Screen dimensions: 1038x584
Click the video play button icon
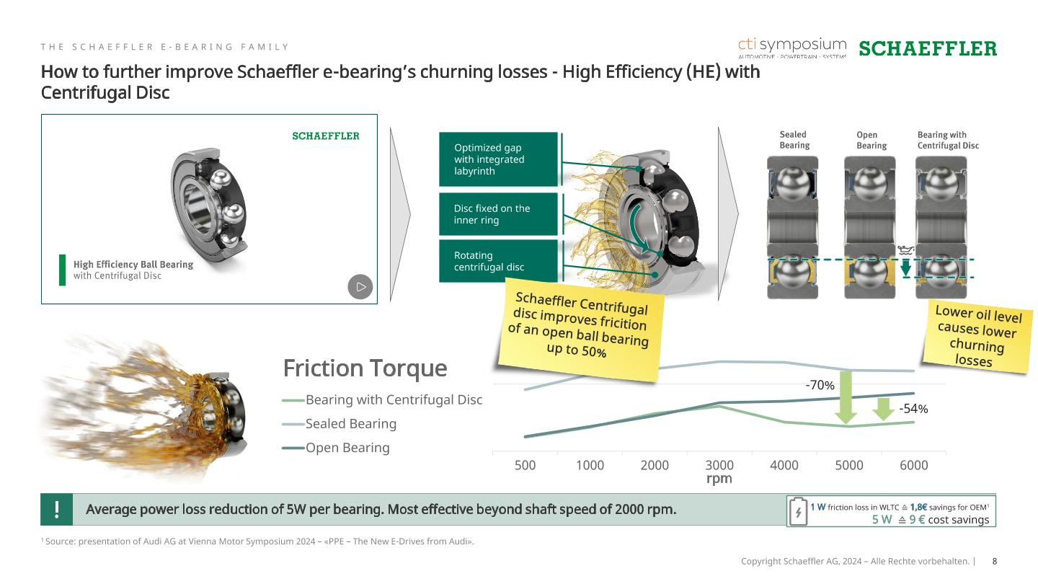coord(360,287)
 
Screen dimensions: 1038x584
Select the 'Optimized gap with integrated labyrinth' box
coord(498,159)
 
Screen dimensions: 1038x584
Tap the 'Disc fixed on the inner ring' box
coord(498,214)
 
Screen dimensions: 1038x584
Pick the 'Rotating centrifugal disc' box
coord(498,261)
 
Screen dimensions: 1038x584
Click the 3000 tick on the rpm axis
coord(719,465)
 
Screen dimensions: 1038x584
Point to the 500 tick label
coord(525,465)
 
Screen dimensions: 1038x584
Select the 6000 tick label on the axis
coord(914,465)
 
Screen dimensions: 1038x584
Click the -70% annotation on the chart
coord(820,385)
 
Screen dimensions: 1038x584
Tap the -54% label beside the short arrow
coord(913,409)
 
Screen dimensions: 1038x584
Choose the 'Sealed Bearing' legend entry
coord(340,424)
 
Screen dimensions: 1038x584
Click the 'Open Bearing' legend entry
coord(336,448)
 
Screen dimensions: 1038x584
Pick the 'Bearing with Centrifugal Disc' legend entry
coord(382,399)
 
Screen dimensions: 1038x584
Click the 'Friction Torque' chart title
coord(365,368)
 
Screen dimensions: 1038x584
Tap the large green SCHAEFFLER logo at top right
coord(928,49)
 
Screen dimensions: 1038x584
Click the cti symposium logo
coord(792,48)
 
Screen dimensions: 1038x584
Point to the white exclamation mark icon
coord(56,509)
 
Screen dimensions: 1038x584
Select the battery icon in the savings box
coord(798,511)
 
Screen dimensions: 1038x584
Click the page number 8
coord(995,561)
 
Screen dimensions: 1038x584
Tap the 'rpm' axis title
coord(719,478)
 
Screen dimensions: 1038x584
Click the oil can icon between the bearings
coord(905,250)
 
